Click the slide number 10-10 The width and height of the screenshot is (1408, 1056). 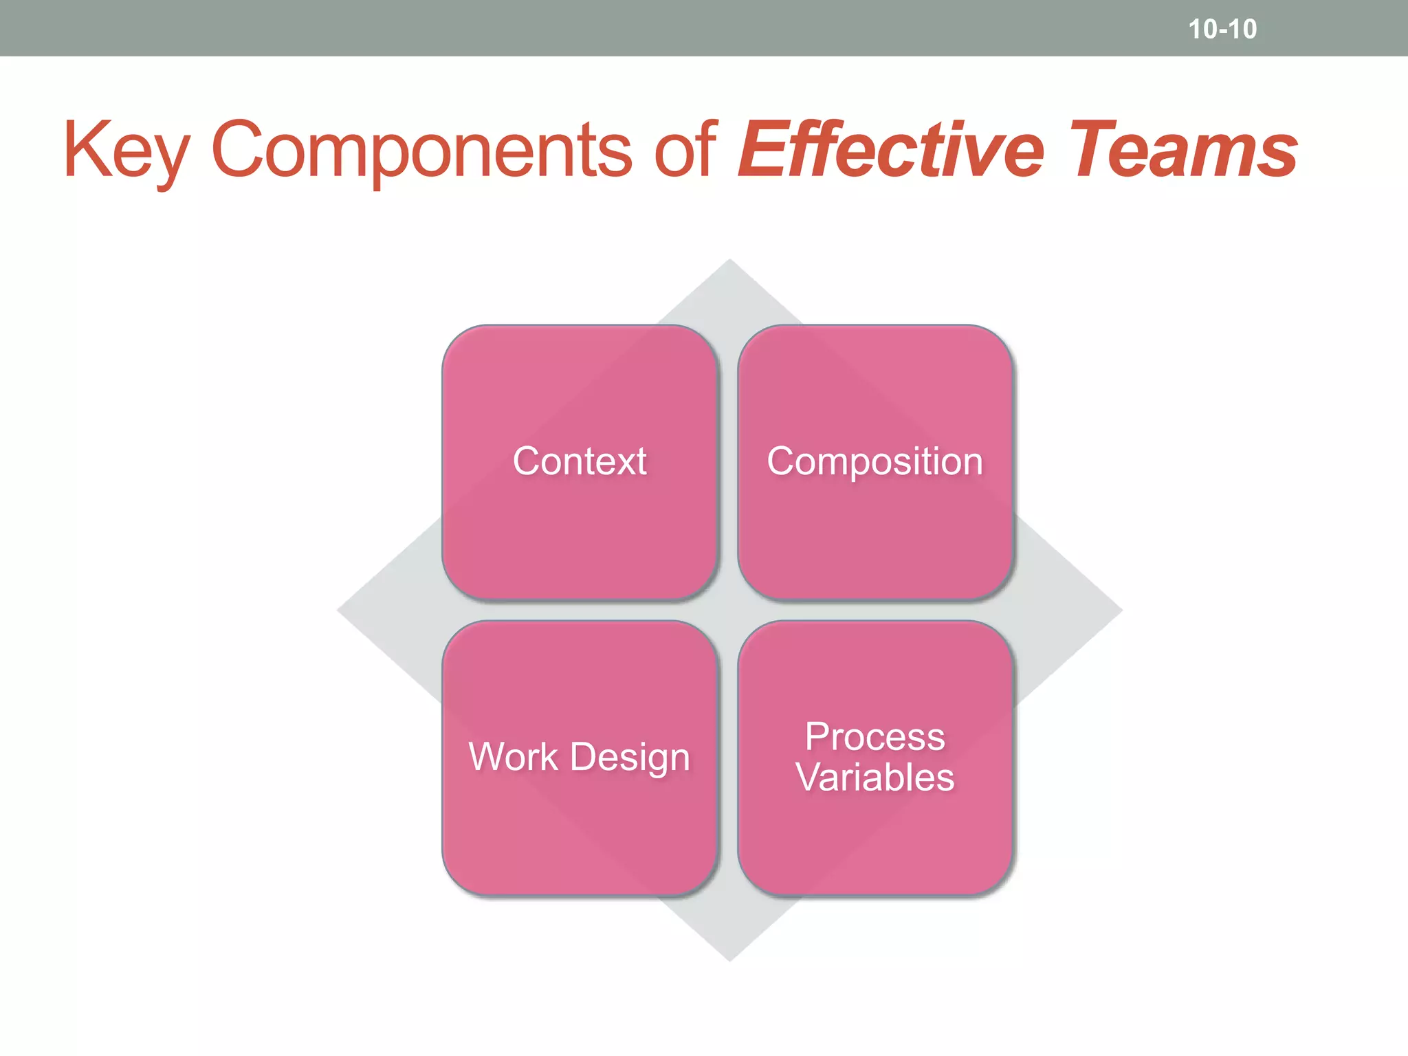point(1222,30)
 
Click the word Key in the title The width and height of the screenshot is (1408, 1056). point(126,150)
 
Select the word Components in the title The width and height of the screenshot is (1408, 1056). point(421,150)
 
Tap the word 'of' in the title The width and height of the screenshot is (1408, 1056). point(685,150)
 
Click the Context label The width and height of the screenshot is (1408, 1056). point(580,461)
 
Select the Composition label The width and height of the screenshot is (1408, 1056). point(874,461)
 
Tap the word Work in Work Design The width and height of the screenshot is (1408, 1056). point(513,757)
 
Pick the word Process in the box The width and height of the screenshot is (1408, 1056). point(874,737)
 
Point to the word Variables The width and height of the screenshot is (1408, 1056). point(874,778)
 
